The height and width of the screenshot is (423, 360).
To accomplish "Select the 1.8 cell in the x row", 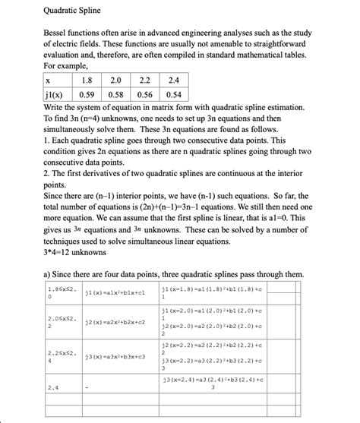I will (87, 79).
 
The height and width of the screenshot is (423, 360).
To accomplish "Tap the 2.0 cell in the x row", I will (115, 79).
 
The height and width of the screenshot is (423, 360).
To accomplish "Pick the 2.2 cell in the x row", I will (144, 79).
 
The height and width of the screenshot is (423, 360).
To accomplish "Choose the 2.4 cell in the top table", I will (173, 79).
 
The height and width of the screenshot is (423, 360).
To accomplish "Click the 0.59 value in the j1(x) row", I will (87, 94).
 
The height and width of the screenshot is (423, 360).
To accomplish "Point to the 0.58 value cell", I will (115, 94).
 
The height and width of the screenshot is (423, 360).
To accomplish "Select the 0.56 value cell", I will (144, 94).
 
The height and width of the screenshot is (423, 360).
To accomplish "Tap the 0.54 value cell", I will (173, 94).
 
